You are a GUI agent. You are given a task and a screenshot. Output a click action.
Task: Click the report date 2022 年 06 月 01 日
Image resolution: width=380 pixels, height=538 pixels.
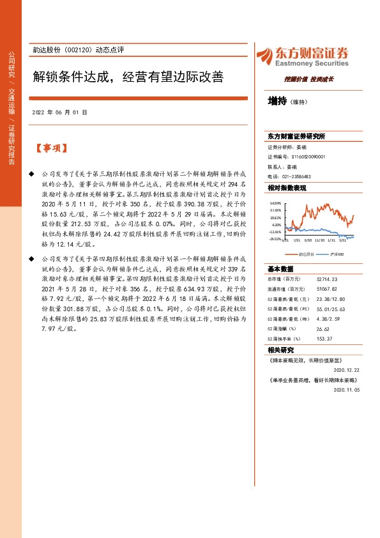(x=59, y=112)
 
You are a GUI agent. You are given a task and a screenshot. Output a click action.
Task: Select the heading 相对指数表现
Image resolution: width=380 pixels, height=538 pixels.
(x=287, y=188)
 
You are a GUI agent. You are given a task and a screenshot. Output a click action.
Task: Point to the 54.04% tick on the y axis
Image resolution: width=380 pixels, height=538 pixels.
(x=275, y=203)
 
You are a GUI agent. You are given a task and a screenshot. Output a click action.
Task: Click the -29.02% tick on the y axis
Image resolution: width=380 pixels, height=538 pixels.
(x=275, y=239)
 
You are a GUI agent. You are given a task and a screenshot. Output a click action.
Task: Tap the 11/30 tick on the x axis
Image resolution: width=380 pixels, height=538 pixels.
(x=320, y=241)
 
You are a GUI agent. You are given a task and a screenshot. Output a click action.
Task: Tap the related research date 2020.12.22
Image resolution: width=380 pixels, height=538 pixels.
(x=347, y=369)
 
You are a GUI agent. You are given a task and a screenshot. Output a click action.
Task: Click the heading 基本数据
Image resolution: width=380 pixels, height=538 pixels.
(x=280, y=268)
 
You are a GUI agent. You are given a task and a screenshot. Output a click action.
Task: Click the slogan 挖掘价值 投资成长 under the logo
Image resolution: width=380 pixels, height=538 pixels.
(x=305, y=79)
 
